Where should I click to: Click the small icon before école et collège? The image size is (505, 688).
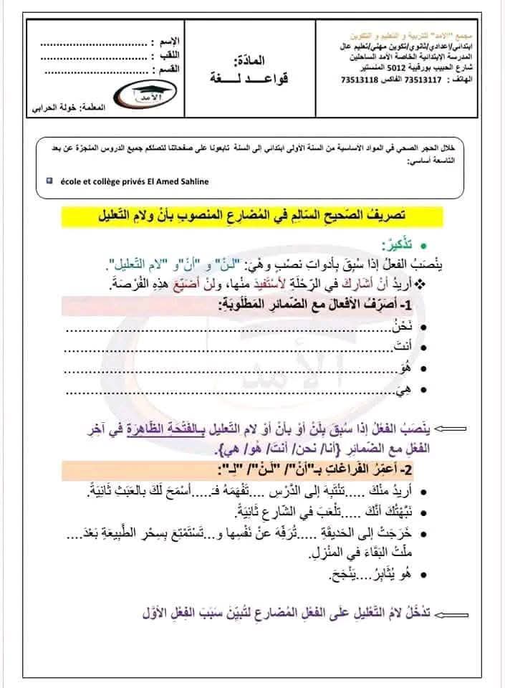[x=48, y=181]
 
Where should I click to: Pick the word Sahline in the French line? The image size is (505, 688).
[x=192, y=181]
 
